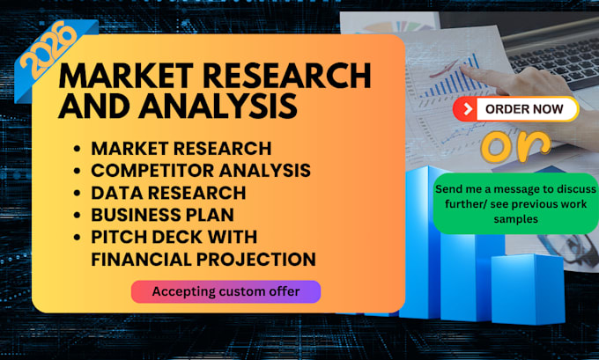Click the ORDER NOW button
pyautogui.click(x=515, y=109)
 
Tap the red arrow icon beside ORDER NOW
pyautogui.click(x=467, y=109)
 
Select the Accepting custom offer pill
pyautogui.click(x=226, y=291)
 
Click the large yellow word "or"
pyautogui.click(x=515, y=146)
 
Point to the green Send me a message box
pyautogui.click(x=515, y=203)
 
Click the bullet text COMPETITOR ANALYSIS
pyautogui.click(x=201, y=170)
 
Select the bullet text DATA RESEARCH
pyautogui.click(x=168, y=193)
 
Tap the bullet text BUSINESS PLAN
pyautogui.click(x=162, y=215)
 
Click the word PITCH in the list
pyautogui.click(x=119, y=237)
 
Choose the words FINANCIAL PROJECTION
pyautogui.click(x=203, y=259)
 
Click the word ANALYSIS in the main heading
pyautogui.click(x=218, y=105)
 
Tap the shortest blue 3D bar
pyautogui.click(x=528, y=289)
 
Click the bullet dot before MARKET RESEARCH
pyautogui.click(x=78, y=148)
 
